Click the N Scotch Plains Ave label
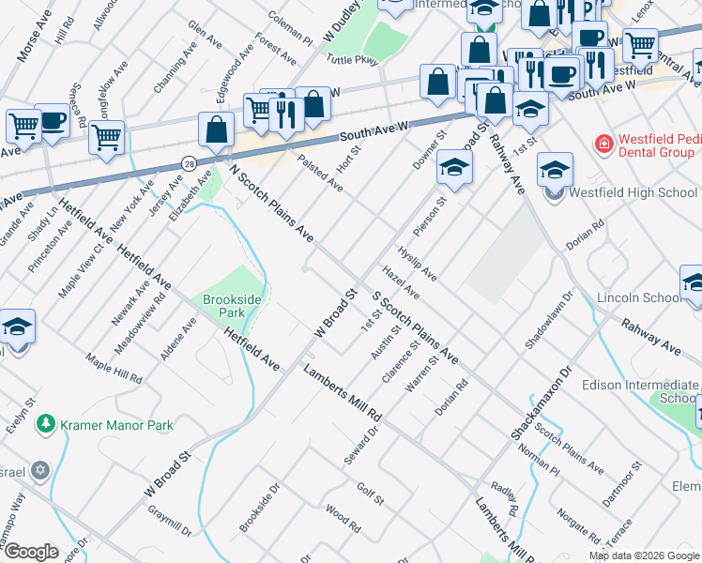(271, 203)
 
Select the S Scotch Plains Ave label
(416, 328)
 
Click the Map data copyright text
(642, 556)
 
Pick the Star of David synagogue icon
(40, 469)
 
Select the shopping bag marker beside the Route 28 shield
(217, 131)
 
